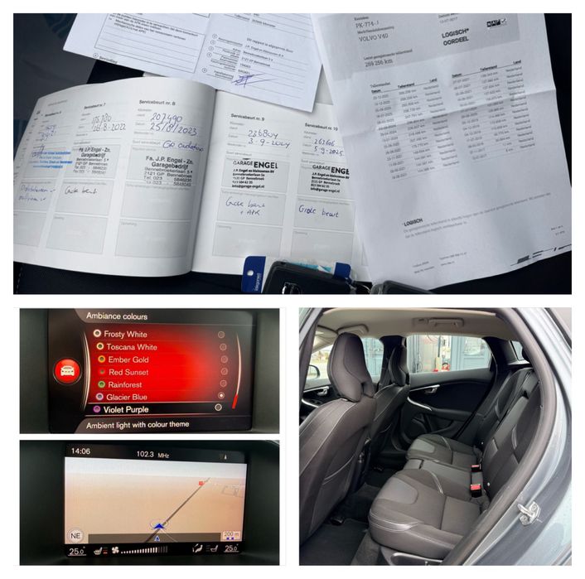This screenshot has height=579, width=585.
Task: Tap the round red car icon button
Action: [x=67, y=370]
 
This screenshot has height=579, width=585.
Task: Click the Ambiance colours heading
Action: [x=117, y=316]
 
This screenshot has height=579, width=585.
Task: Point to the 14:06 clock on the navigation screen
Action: [x=80, y=452]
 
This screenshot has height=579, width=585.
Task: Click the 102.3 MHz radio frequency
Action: [x=152, y=452]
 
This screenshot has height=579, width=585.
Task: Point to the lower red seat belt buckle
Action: [x=476, y=488]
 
